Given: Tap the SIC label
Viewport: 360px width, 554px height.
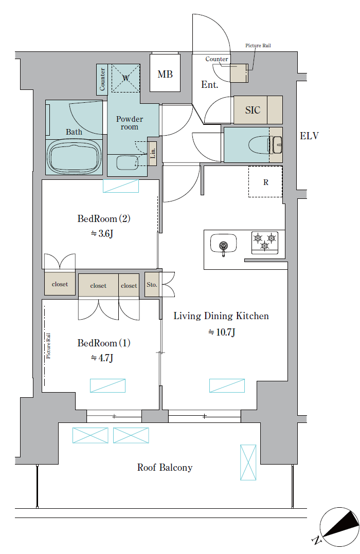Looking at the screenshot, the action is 253,110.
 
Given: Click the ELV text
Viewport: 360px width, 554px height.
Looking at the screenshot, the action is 309,136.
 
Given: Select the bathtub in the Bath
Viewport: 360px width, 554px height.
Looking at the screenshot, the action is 74,157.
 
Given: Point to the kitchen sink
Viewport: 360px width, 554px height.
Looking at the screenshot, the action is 223,244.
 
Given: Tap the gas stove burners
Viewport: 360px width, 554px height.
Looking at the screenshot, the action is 265,242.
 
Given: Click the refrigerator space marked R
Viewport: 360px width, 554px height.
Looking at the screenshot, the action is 265,181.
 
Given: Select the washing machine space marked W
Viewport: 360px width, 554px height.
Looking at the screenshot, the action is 125,78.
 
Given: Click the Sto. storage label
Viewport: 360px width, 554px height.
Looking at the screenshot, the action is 152,284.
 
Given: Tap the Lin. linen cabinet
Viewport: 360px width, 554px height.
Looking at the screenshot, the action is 152,153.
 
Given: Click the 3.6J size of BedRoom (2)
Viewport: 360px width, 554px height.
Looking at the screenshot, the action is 102,233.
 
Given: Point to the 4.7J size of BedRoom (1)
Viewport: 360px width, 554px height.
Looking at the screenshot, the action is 102,358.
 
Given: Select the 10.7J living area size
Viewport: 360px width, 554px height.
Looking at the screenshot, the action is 222,332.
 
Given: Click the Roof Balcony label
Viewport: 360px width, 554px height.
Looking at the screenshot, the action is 165,468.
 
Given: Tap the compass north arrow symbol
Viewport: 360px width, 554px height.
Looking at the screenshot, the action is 339,526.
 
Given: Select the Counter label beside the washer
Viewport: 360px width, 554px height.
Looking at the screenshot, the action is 102,79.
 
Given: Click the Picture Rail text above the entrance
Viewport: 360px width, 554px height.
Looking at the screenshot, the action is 258,46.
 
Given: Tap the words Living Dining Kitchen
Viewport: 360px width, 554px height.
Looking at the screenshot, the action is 221,316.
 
